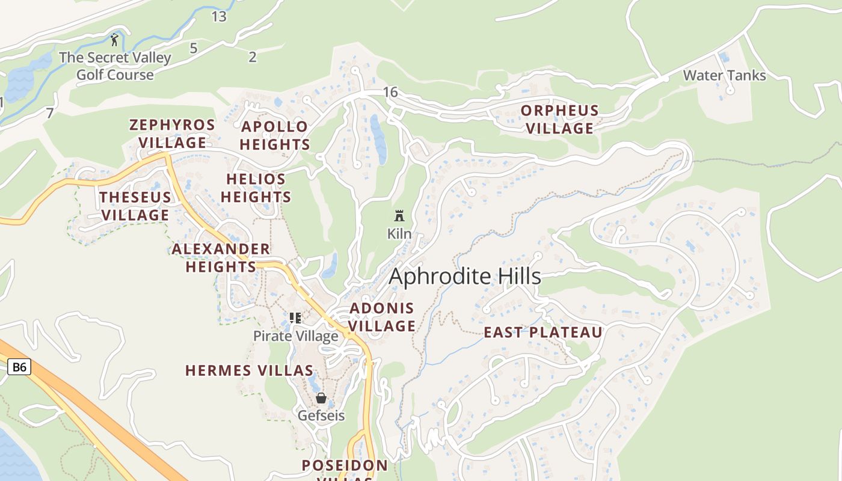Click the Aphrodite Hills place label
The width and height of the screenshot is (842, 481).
(465, 277)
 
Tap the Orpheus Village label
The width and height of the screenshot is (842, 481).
(560, 119)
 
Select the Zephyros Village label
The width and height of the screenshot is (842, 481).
(172, 133)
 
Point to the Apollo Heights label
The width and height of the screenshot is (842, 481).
(275, 135)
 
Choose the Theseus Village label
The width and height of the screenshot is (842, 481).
(135, 206)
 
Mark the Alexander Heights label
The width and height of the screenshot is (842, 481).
(221, 257)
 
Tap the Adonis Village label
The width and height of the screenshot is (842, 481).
(382, 317)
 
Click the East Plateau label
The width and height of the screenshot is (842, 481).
(543, 332)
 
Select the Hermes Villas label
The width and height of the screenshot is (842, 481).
(249, 370)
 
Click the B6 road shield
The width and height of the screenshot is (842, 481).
(19, 367)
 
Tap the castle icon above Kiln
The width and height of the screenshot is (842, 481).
(399, 216)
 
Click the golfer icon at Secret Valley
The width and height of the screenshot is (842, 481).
(114, 40)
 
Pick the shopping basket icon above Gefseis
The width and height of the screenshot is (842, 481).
(321, 398)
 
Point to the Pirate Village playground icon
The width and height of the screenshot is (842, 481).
(295, 317)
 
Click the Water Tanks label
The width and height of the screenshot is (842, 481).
(724, 76)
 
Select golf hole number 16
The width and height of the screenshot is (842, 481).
(390, 92)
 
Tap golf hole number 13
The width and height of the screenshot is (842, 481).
(219, 17)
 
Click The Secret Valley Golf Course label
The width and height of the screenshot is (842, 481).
(115, 66)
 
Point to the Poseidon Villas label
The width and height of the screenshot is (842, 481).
(345, 466)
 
